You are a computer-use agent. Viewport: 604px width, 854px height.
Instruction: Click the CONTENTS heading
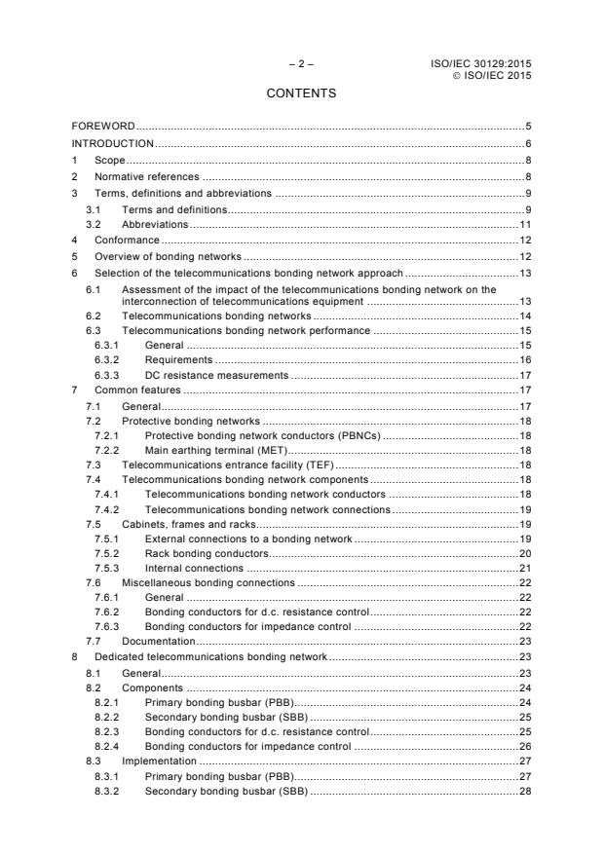click(x=301, y=93)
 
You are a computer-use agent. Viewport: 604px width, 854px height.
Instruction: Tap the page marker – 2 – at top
click(x=301, y=64)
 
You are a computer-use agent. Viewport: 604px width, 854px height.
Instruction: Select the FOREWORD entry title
click(x=103, y=127)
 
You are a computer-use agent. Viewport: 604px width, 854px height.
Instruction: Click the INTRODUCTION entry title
click(x=113, y=143)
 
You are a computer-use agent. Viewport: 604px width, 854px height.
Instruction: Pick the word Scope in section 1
click(x=110, y=160)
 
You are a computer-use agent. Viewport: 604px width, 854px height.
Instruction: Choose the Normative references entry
click(x=146, y=176)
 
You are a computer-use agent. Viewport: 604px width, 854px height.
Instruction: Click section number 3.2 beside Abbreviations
click(x=93, y=223)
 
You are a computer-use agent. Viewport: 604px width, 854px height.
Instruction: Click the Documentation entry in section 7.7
click(x=158, y=642)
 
